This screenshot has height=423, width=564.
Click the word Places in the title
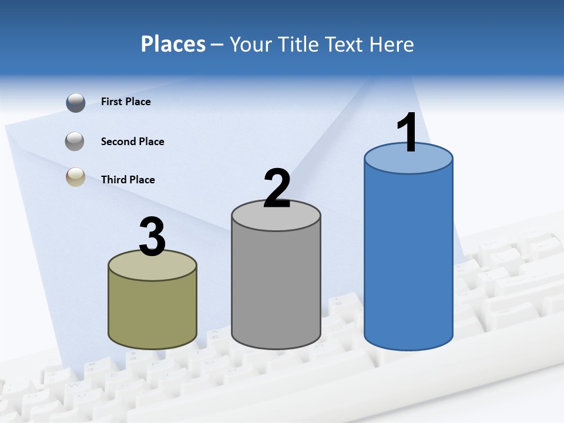pyautogui.click(x=173, y=44)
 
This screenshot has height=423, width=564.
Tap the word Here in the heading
pyautogui.click(x=392, y=44)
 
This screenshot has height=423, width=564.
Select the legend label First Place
pyautogui.click(x=126, y=102)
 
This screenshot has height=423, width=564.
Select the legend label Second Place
pyautogui.click(x=132, y=142)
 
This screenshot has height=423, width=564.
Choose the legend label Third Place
pyautogui.click(x=127, y=180)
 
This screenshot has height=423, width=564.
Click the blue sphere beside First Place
pyautogui.click(x=76, y=103)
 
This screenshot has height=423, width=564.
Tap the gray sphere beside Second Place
pyautogui.click(x=75, y=141)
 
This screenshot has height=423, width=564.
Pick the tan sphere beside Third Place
pyautogui.click(x=75, y=177)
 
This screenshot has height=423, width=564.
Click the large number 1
pyautogui.click(x=408, y=133)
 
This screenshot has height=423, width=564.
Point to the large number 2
pyautogui.click(x=277, y=189)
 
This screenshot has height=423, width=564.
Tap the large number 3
pyautogui.click(x=153, y=237)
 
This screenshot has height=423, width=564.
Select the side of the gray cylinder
pyautogui.click(x=276, y=288)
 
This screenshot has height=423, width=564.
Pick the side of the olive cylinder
pyautogui.click(x=153, y=311)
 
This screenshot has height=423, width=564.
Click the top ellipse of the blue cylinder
pyautogui.click(x=408, y=162)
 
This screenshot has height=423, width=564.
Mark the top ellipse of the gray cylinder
pyautogui.click(x=276, y=217)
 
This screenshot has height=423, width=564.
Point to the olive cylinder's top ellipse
pyautogui.click(x=153, y=268)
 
